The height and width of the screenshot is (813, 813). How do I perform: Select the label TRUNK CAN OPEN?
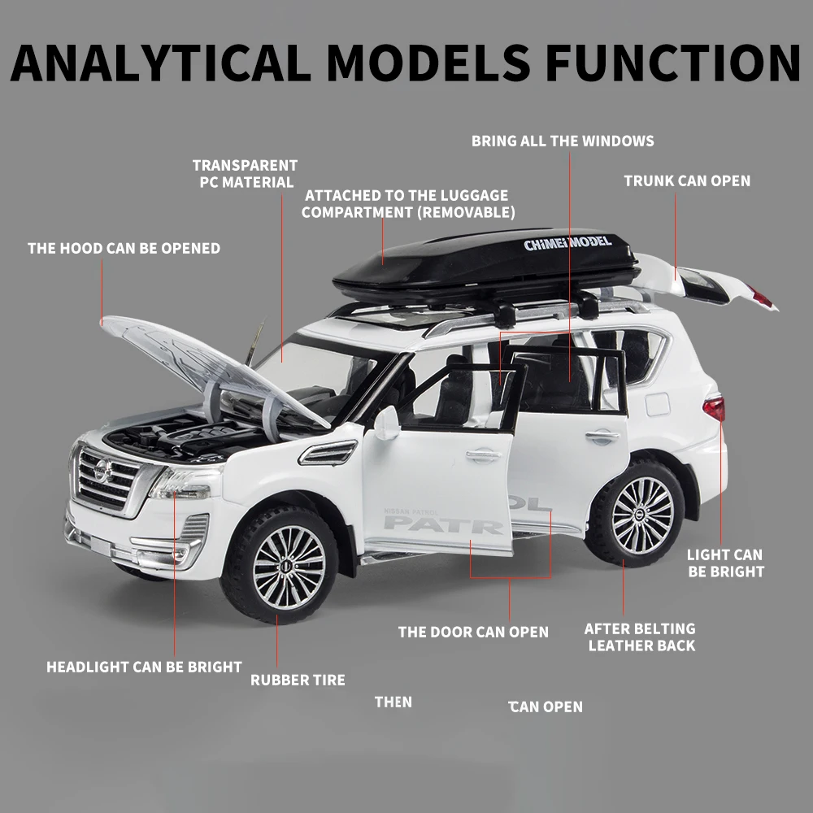click(687, 180)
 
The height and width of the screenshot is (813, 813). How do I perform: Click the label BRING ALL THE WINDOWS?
click(563, 141)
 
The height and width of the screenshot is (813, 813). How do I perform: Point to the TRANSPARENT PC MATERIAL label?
click(246, 174)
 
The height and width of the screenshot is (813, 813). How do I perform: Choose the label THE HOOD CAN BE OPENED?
click(124, 248)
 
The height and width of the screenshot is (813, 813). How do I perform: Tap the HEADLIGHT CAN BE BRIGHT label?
click(144, 667)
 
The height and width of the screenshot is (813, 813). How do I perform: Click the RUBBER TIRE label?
click(298, 680)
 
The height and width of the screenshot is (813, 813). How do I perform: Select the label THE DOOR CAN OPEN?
click(473, 632)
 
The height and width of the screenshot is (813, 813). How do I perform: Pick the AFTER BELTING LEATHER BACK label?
click(641, 637)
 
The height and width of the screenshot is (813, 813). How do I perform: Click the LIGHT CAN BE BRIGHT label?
click(725, 563)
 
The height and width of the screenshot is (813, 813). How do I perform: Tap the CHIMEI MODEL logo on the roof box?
click(567, 242)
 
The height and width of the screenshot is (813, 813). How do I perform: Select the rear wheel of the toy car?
click(641, 513)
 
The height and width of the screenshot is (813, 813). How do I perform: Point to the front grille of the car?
click(107, 480)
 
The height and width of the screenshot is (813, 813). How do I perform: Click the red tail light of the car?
click(714, 407)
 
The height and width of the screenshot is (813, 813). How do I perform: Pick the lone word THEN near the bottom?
click(393, 702)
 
